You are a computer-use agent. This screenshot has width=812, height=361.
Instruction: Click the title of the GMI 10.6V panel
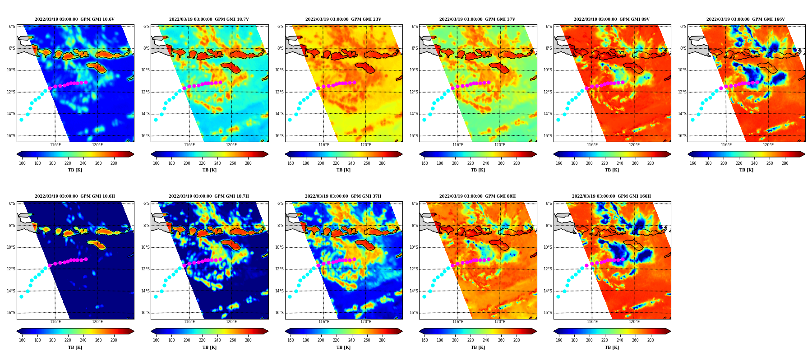tap(74, 19)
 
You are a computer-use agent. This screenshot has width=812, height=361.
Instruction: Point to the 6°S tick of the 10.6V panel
tap(12, 27)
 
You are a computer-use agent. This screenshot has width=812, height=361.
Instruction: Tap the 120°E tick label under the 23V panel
tap(366, 145)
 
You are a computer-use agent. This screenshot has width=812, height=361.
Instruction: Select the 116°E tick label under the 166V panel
tap(726, 145)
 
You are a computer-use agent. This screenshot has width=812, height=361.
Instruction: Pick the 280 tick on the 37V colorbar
tap(517, 163)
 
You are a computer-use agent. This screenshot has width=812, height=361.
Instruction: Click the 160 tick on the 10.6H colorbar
tap(22, 340)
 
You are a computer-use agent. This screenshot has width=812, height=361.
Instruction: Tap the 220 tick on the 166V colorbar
tap(739, 163)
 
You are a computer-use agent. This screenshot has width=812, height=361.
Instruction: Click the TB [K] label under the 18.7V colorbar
tap(209, 170)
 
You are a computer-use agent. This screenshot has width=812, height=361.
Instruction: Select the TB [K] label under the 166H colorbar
tap(612, 347)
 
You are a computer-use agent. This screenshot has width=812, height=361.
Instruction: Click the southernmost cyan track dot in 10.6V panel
tap(21, 120)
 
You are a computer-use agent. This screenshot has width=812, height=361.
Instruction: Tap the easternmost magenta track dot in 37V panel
tap(489, 82)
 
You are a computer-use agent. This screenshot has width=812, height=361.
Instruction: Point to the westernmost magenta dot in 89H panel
tap(452, 265)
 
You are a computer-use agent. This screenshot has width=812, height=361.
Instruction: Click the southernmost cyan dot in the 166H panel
tap(558, 296)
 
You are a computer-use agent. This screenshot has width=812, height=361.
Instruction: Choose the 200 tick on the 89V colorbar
tap(589, 163)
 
